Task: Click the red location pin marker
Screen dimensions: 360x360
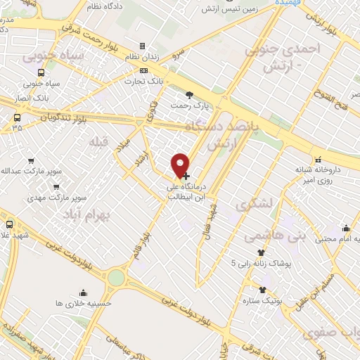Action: [x=181, y=165]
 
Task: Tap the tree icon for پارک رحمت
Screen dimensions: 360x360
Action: [x=188, y=94]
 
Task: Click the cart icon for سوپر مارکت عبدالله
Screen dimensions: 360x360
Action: [x=31, y=161]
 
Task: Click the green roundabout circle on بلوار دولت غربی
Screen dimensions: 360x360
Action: [x=116, y=277]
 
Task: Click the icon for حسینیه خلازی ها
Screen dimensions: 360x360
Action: [x=84, y=292]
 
